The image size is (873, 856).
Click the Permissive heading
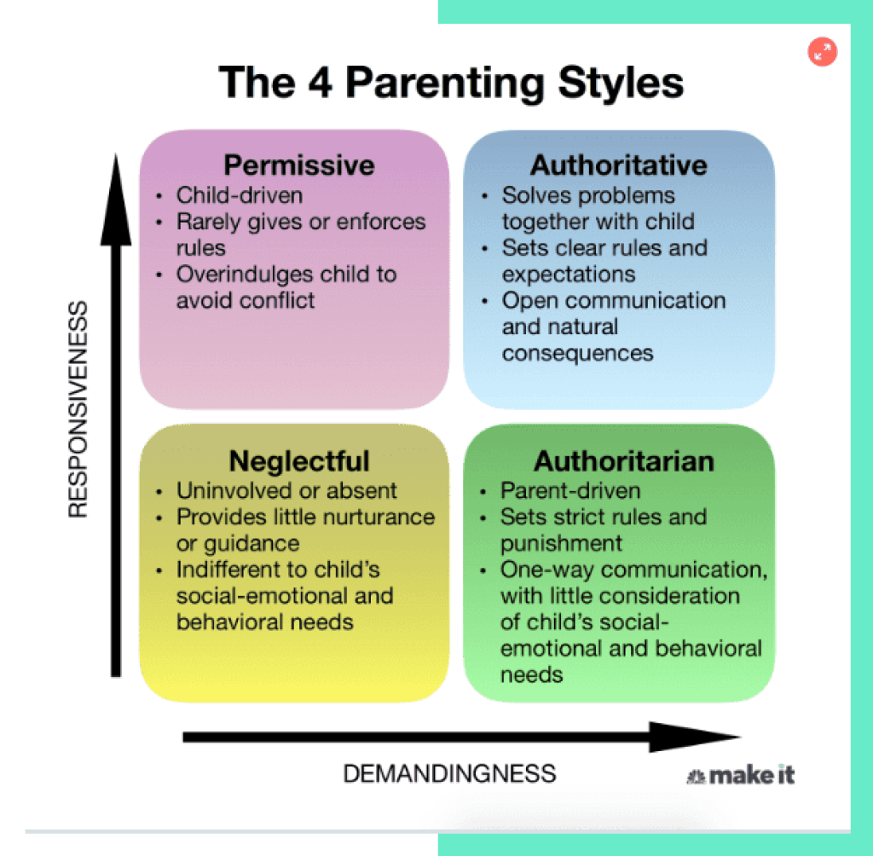click(x=298, y=165)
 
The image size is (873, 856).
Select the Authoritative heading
click(x=619, y=165)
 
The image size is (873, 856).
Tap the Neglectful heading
click(x=299, y=461)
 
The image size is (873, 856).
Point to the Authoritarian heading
click(x=624, y=461)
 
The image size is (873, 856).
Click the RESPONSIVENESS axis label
click(x=78, y=408)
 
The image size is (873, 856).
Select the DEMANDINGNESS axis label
click(x=449, y=773)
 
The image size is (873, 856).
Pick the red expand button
click(x=823, y=52)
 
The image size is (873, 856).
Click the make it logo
click(x=741, y=774)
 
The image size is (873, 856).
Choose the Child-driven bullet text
click(x=240, y=195)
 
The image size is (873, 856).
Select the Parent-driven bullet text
click(x=570, y=490)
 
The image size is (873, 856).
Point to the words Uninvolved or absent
click(x=286, y=490)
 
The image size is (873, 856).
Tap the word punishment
click(x=562, y=543)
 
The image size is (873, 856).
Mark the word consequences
click(x=577, y=353)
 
